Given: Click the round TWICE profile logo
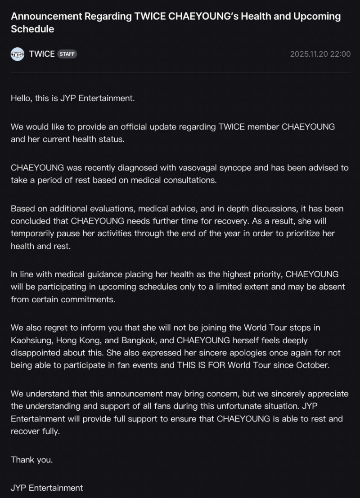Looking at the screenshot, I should click(18, 54).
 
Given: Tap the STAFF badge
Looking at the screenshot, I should click(67, 54).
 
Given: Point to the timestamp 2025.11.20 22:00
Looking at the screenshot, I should click(320, 54).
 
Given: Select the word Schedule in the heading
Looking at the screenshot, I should click(32, 29).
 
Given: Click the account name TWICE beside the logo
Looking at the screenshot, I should click(42, 54).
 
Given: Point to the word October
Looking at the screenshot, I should click(313, 365).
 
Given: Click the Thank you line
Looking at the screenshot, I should click(31, 460).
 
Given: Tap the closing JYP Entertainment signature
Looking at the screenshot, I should click(47, 488).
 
